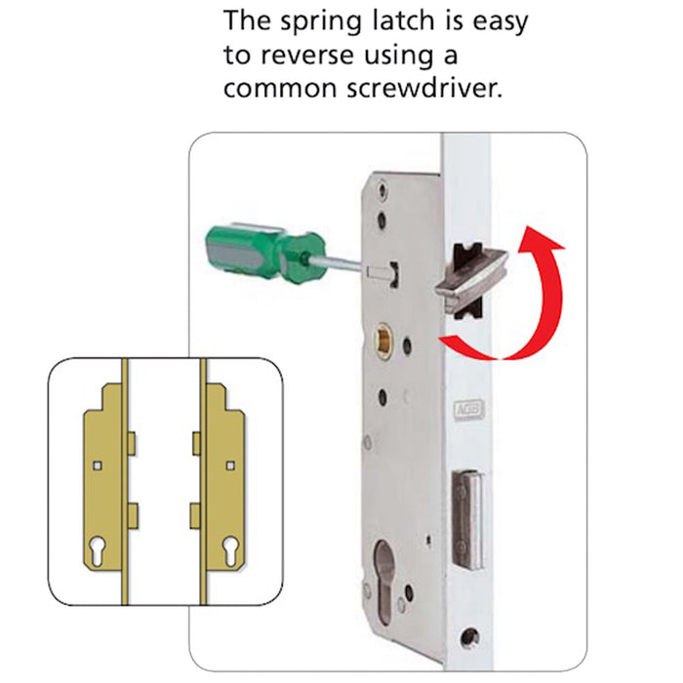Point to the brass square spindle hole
tap(384, 341)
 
